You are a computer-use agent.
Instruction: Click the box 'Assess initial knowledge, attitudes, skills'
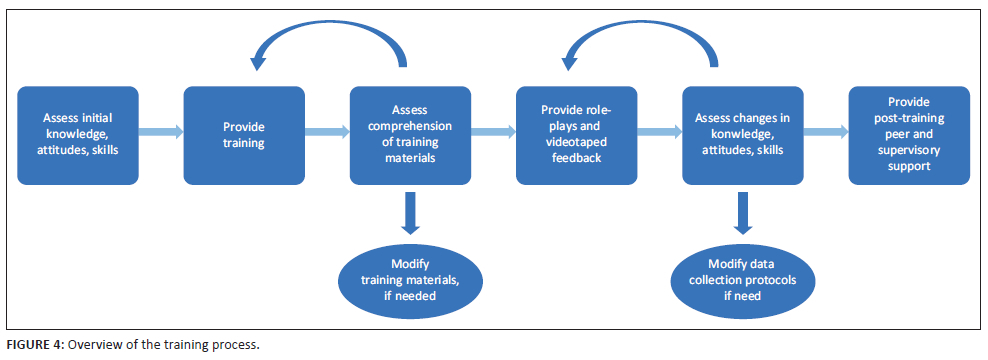pos(78,136)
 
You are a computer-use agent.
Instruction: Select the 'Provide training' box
pos(244,136)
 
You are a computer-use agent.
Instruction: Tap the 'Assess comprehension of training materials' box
pos(410,136)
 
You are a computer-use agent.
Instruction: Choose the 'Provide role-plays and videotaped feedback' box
pos(577,136)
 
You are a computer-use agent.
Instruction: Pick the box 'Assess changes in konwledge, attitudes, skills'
pos(743,136)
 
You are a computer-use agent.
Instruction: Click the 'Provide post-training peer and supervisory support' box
pos(909,136)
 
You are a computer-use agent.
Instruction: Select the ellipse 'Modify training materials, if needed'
pos(410,279)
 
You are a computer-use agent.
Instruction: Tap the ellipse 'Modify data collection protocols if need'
pos(743,279)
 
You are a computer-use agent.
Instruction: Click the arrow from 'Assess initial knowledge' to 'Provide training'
pos(161,132)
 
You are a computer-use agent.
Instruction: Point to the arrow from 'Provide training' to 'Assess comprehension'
pos(327,132)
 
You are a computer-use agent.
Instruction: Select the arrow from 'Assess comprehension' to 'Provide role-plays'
pos(493,132)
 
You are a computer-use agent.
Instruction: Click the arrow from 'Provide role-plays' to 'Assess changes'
pos(660,132)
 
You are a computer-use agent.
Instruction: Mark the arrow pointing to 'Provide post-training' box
pos(826,132)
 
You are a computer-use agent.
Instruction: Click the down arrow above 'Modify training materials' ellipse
pos(410,213)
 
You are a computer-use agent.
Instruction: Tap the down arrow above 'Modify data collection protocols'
pos(743,213)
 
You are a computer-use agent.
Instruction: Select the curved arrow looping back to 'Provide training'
pos(328,25)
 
